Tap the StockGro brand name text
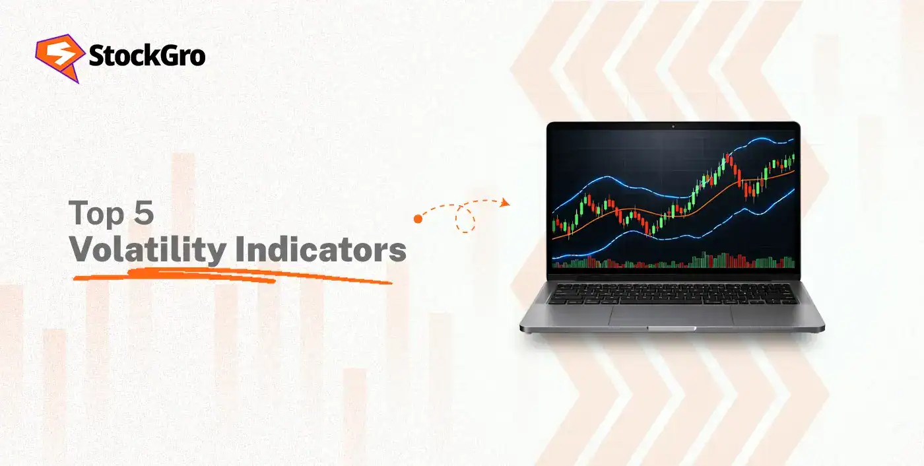[147, 56]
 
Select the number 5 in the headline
[143, 214]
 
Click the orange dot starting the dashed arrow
[418, 218]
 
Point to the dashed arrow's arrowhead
[505, 203]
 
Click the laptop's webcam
[673, 126]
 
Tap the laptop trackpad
[671, 315]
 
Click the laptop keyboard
[672, 293]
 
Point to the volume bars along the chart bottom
[673, 262]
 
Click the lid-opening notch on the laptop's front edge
[671, 328]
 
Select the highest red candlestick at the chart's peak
[731, 162]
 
